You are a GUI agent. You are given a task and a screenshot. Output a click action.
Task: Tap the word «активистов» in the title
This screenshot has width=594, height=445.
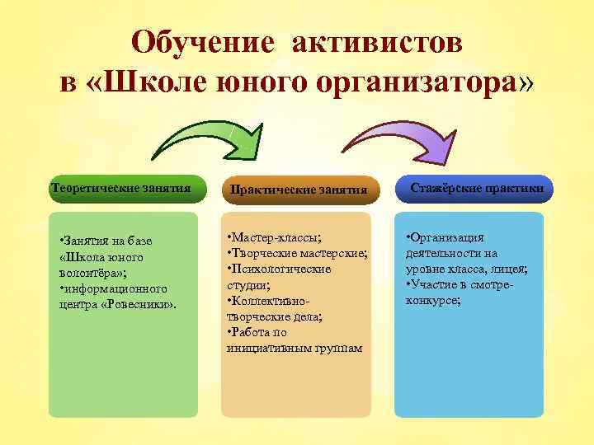(376, 44)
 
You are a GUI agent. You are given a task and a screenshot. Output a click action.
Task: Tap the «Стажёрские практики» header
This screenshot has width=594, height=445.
(476, 189)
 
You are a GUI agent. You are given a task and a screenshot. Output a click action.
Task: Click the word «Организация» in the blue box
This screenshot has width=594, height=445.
(450, 239)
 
